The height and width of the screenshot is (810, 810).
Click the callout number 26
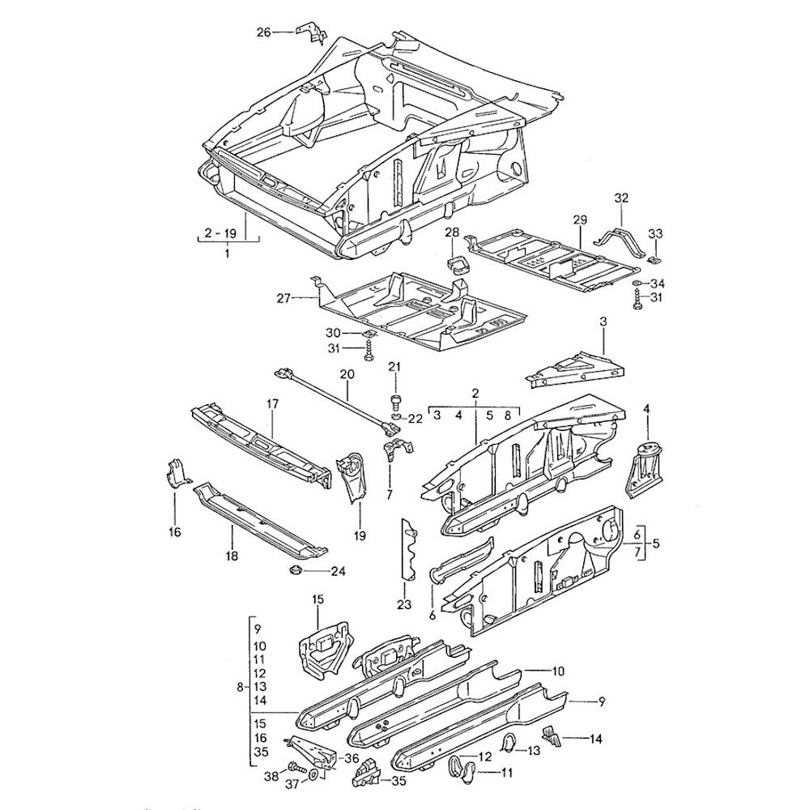coord(263,32)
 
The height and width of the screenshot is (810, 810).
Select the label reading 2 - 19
coord(220,233)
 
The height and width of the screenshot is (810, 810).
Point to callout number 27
coord(283,299)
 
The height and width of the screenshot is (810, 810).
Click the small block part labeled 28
coord(458,264)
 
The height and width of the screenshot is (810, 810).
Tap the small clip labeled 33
coord(655,259)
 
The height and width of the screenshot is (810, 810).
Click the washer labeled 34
coord(638,283)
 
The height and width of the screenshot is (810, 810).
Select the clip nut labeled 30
coord(368,334)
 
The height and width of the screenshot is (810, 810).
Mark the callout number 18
coord(231,556)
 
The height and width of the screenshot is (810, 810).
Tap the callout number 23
coord(403,604)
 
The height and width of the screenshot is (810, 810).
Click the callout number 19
coord(360,535)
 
